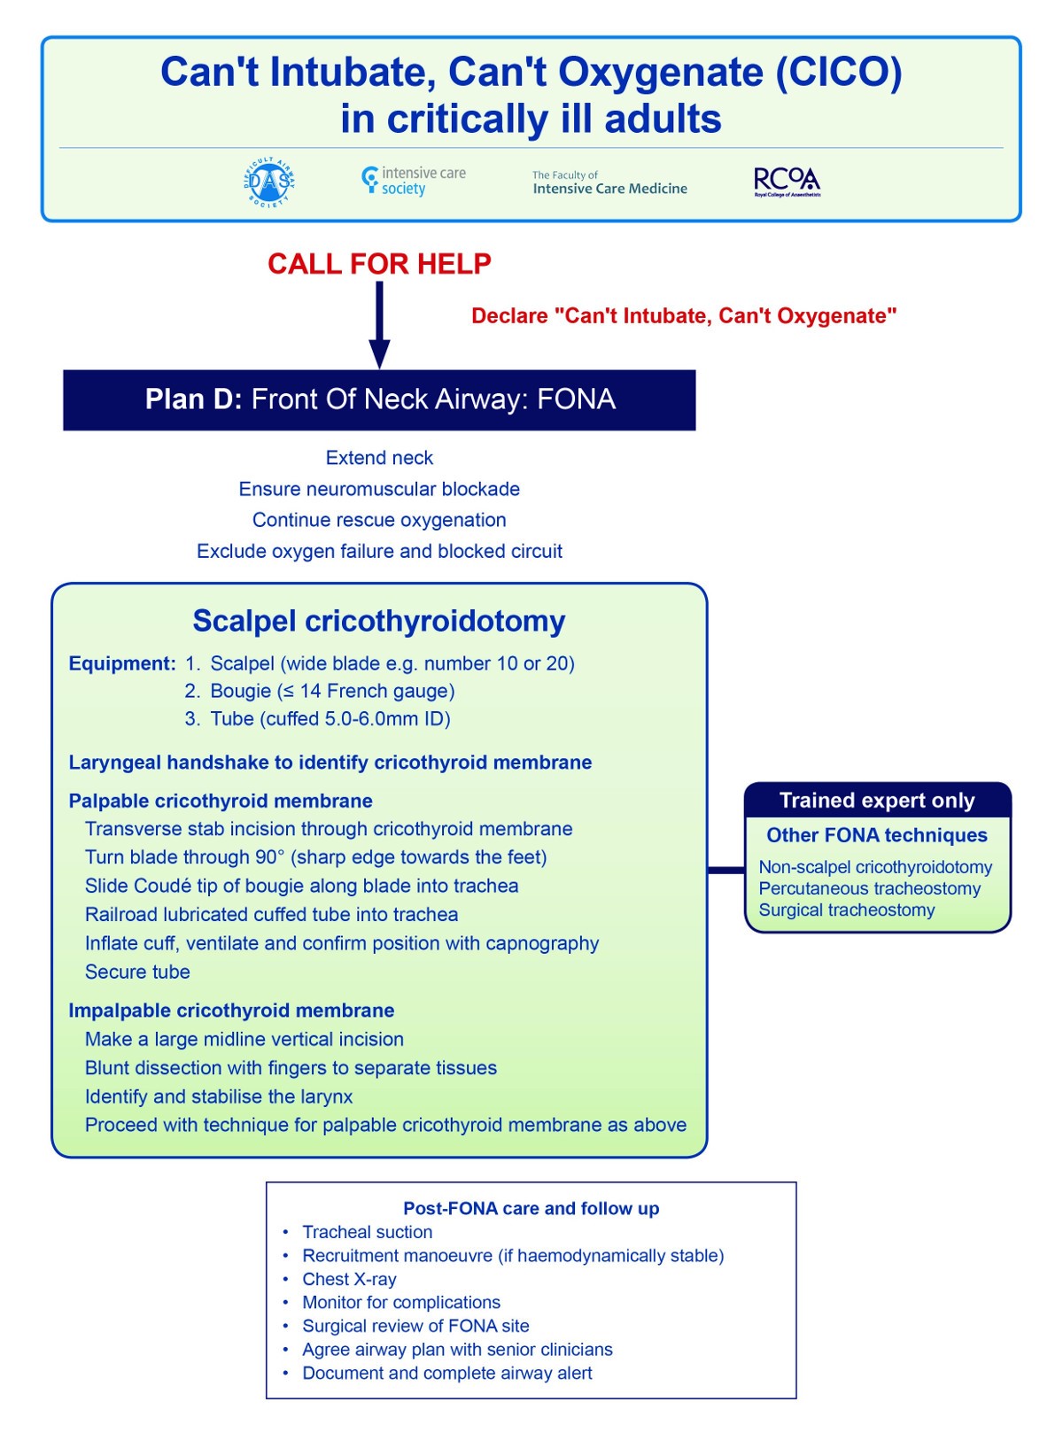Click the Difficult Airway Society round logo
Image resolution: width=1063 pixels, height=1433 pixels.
click(268, 182)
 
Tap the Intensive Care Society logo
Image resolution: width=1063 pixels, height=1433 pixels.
click(414, 181)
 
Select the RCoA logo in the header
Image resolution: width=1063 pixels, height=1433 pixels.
click(787, 182)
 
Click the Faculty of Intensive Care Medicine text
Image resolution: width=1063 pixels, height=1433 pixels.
click(609, 183)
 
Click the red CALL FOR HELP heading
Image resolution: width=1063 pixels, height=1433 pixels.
click(379, 264)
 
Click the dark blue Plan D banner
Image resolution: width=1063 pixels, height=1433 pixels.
click(379, 399)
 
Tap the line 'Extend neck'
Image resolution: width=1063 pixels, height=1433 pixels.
click(379, 458)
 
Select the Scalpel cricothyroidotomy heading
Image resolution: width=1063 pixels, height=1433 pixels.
click(379, 621)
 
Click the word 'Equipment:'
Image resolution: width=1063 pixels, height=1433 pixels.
click(122, 663)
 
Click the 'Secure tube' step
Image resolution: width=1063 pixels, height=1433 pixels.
click(137, 972)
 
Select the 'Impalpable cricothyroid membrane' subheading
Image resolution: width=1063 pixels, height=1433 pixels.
click(231, 1011)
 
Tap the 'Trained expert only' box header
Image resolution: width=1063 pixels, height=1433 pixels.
click(877, 801)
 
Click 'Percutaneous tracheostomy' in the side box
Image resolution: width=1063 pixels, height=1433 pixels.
click(869, 888)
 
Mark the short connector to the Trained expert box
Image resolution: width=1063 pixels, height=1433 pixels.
click(726, 871)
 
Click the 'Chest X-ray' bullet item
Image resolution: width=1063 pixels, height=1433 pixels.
click(349, 1279)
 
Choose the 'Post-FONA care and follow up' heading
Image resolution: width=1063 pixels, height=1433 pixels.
click(531, 1208)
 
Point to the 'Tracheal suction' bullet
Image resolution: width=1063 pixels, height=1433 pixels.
click(367, 1232)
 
